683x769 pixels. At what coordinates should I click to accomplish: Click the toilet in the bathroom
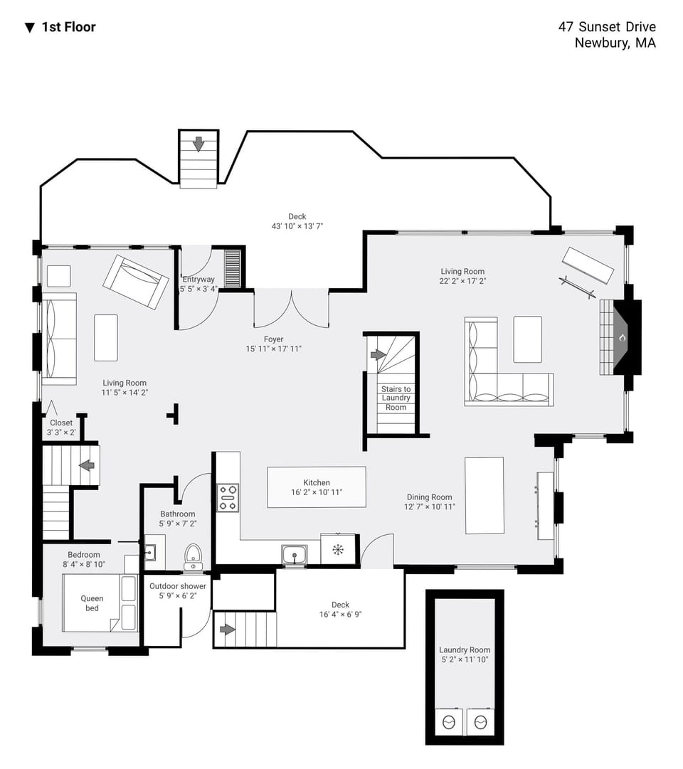click(x=193, y=555)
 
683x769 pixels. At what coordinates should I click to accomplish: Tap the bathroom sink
click(x=150, y=551)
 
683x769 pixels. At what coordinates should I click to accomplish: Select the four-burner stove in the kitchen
click(x=228, y=497)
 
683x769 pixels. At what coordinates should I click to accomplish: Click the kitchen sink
click(x=294, y=553)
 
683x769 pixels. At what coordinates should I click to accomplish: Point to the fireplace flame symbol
click(x=622, y=338)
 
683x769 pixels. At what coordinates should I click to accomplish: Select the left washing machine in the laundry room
click(x=449, y=722)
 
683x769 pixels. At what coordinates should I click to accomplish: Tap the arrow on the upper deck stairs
click(x=198, y=144)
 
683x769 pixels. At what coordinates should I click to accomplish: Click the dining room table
click(x=485, y=495)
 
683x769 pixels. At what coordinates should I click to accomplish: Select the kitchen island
click(x=317, y=487)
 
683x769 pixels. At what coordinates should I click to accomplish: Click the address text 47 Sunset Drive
click(x=607, y=27)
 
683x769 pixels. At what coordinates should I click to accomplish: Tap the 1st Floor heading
click(x=68, y=27)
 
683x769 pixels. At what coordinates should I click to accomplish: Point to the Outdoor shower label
click(x=178, y=586)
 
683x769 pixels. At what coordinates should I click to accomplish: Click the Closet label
click(x=61, y=423)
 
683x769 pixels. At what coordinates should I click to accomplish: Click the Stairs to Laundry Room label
click(x=396, y=398)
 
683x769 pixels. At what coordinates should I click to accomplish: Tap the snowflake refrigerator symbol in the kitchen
click(x=338, y=549)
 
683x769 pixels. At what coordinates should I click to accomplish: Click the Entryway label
click(x=198, y=280)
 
